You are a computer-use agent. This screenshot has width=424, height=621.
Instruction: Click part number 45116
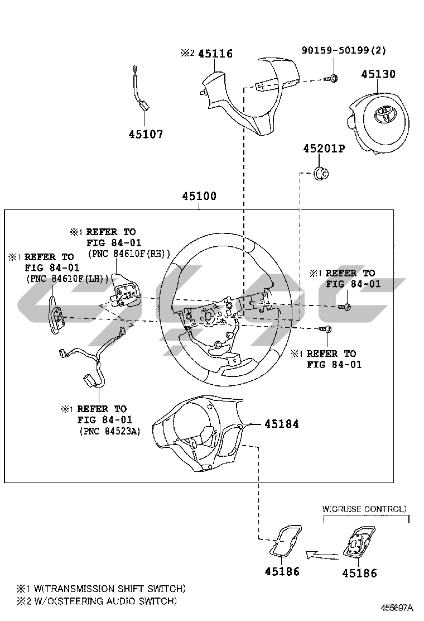215,54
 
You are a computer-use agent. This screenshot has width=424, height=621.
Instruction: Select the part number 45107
146,134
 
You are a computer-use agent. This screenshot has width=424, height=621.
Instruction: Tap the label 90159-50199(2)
344,51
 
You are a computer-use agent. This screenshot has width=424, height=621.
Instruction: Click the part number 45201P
324,149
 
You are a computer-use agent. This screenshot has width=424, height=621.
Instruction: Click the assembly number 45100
199,197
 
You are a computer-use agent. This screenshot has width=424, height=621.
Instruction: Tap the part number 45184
281,424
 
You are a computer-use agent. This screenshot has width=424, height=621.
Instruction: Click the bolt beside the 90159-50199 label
331,78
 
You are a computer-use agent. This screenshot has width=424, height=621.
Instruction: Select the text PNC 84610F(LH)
67,278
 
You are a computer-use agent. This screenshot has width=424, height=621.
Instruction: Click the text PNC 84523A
110,431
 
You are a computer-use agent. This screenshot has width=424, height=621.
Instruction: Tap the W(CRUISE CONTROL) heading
364,509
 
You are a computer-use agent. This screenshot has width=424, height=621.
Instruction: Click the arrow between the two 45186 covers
322,555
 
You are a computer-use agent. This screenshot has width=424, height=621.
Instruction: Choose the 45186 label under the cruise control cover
359,573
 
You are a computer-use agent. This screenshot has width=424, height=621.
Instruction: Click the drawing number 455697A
397,608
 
